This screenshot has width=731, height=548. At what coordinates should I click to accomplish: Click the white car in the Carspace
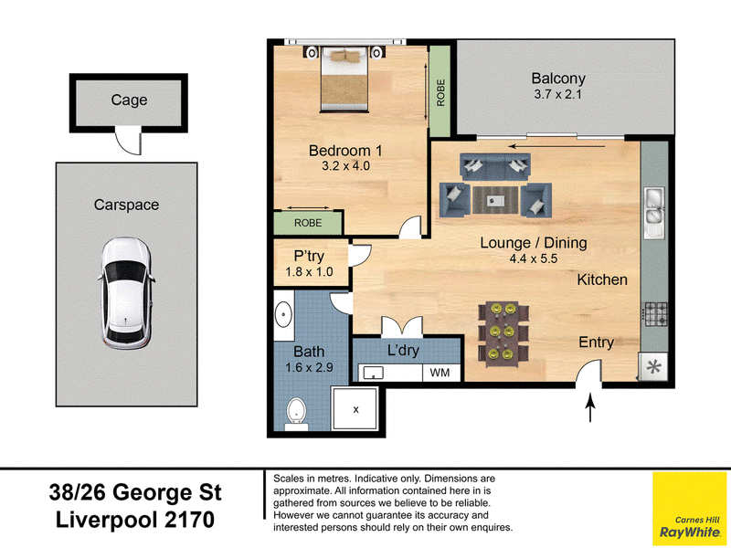point(126,293)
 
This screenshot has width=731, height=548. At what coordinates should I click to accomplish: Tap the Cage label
point(129,100)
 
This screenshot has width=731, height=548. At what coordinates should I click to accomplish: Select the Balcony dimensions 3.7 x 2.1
point(557,94)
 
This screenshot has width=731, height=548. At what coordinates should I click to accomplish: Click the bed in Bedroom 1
point(344,79)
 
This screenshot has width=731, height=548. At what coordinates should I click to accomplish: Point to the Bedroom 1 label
point(345,151)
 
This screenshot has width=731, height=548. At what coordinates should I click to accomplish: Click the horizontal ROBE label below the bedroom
point(308,223)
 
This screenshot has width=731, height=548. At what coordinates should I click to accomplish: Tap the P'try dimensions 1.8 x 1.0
point(309,271)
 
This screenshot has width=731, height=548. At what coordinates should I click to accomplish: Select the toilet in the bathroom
point(296,414)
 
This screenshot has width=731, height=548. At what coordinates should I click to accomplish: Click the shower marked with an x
point(355,409)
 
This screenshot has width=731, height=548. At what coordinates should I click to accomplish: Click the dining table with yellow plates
point(503,332)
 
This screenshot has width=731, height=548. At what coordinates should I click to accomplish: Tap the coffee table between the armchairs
point(495,200)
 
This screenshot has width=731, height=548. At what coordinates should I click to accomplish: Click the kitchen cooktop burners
point(655,313)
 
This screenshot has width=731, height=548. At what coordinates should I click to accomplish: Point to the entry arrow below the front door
point(590,407)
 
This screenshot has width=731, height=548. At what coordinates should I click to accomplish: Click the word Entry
point(597,342)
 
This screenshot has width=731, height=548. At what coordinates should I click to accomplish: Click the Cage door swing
point(128,142)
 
